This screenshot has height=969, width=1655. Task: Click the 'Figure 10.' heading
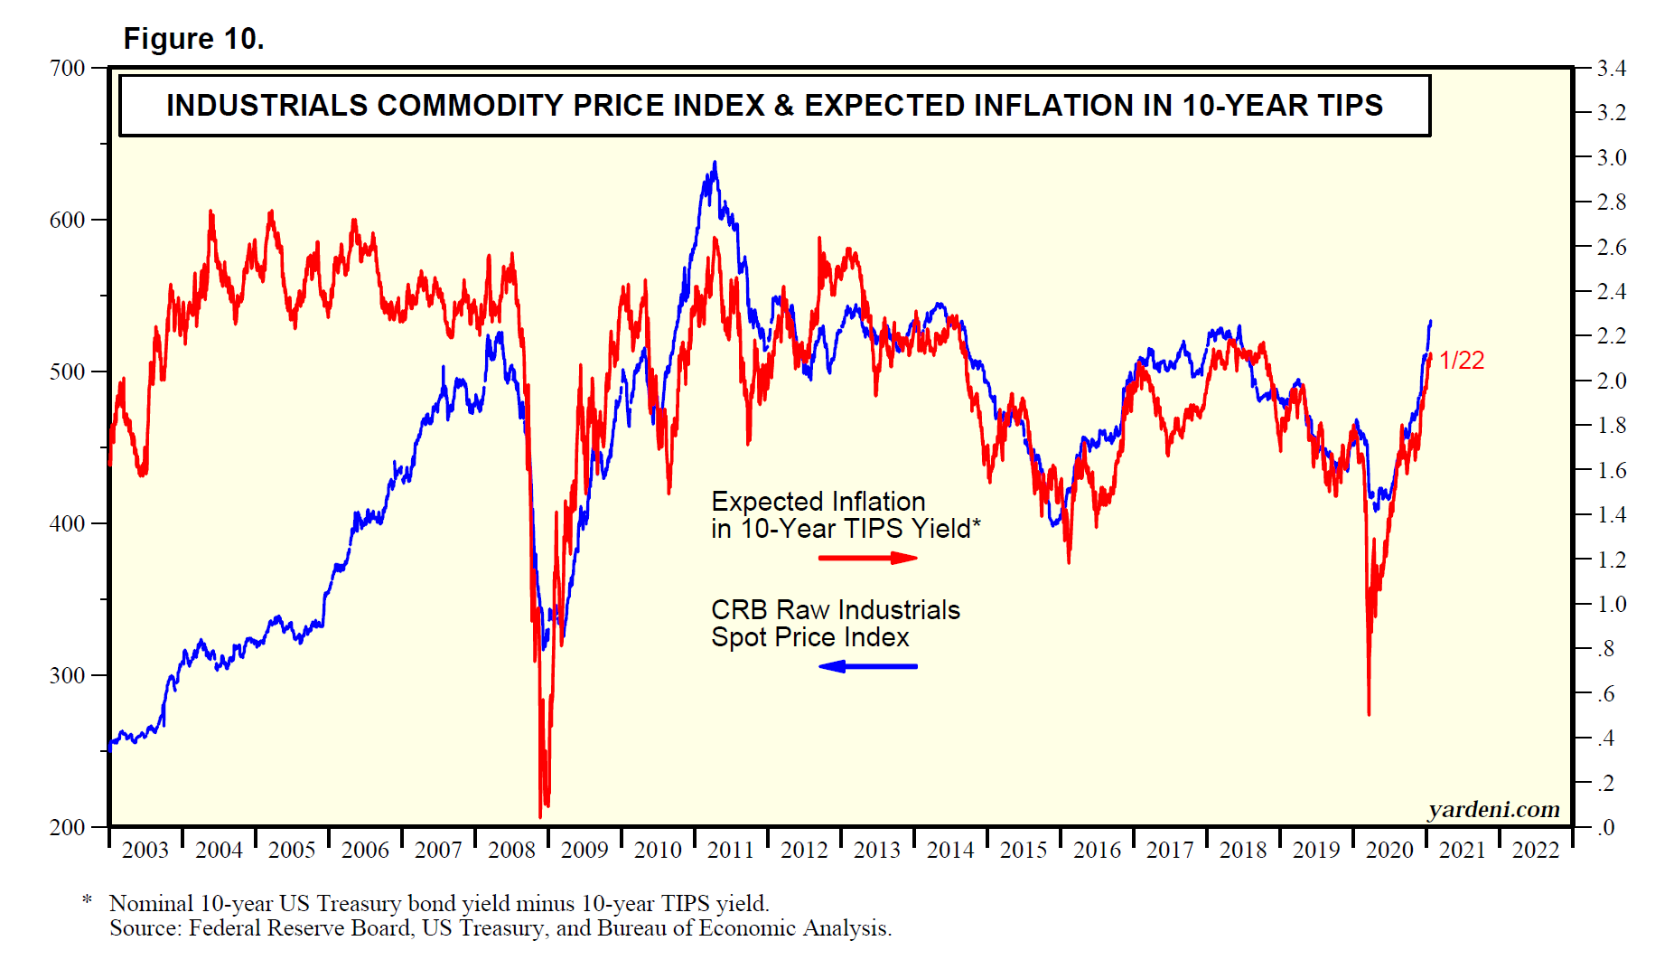(193, 39)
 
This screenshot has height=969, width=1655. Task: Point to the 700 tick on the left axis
(68, 69)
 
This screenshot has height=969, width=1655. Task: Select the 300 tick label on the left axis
(68, 675)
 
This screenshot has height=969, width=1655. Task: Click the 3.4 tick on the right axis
(1611, 69)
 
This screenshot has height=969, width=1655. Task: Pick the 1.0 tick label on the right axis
(1611, 604)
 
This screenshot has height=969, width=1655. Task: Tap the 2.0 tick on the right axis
(1611, 381)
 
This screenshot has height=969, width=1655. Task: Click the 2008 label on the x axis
(511, 851)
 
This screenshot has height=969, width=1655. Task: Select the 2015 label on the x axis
(1024, 851)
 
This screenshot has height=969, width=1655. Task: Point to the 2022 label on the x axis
(1536, 851)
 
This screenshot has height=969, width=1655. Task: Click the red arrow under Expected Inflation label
(867, 558)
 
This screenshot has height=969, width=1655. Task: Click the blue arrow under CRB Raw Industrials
(867, 666)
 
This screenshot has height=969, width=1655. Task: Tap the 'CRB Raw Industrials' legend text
(835, 610)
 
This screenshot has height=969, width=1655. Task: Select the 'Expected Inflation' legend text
(818, 502)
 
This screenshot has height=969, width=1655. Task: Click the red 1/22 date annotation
(1462, 361)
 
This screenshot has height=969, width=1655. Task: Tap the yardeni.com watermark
(1493, 809)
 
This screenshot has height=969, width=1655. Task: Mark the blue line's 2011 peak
(715, 164)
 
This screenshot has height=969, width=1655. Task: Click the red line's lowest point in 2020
(1369, 714)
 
